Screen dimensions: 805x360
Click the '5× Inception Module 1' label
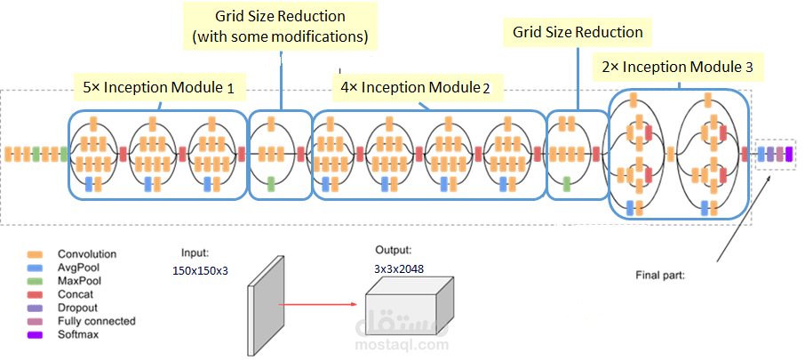[x=159, y=88]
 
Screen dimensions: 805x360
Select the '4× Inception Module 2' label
[x=415, y=88]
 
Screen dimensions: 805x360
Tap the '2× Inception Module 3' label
[x=677, y=67]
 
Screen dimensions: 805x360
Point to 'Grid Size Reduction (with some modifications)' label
[x=280, y=27]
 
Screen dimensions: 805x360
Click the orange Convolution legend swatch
[x=36, y=254]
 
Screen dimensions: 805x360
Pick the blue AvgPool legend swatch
[x=36, y=268]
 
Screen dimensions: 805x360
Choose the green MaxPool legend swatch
[x=36, y=282]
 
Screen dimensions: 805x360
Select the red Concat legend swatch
[x=36, y=295]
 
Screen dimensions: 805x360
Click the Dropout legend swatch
[x=36, y=308]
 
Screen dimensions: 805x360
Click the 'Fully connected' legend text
[x=97, y=322]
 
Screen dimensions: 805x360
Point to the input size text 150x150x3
[x=200, y=270]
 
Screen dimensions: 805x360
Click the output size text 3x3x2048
[x=400, y=268]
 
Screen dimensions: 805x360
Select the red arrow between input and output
[x=317, y=305]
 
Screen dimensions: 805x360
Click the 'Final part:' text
[x=659, y=276]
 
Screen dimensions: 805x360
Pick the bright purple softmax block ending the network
[x=789, y=154]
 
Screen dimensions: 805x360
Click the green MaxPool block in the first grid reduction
[x=271, y=183]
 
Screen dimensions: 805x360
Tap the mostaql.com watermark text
[x=402, y=345]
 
